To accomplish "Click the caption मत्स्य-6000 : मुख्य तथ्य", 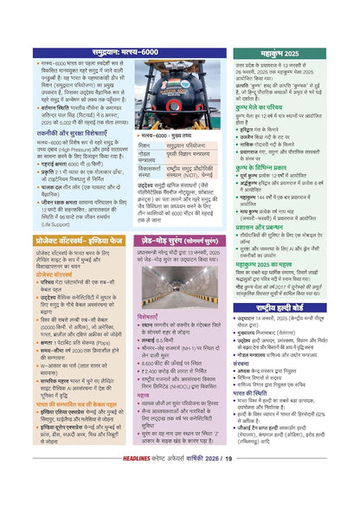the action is click(x=169, y=136).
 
